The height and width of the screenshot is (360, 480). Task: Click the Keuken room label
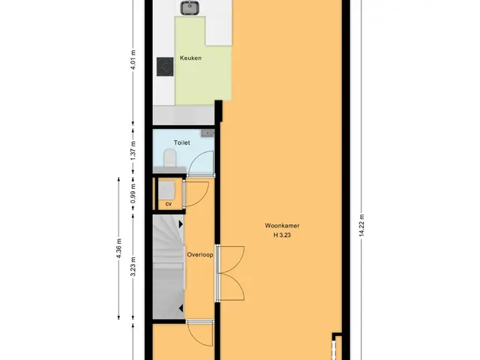click(x=190, y=58)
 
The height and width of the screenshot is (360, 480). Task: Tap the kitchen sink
click(x=190, y=7)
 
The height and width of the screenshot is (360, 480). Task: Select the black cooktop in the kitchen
click(x=165, y=67)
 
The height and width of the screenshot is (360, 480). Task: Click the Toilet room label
click(x=181, y=142)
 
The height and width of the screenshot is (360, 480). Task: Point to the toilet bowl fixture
click(x=170, y=158)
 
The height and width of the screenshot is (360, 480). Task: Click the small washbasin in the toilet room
click(x=208, y=133)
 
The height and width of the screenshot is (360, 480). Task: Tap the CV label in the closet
click(x=168, y=204)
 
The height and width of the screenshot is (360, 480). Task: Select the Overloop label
click(x=200, y=255)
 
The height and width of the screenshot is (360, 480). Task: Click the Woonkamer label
click(x=282, y=226)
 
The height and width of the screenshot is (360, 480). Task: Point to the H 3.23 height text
click(x=282, y=235)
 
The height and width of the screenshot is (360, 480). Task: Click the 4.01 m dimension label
click(x=133, y=60)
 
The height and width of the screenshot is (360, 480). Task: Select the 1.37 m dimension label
click(x=133, y=150)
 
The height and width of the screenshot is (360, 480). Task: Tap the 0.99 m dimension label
click(x=133, y=193)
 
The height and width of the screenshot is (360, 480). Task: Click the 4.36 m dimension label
click(x=119, y=248)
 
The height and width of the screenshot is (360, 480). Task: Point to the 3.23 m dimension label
click(x=133, y=267)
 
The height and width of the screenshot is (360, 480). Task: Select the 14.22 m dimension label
click(x=361, y=225)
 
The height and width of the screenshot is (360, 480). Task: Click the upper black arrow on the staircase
click(x=181, y=224)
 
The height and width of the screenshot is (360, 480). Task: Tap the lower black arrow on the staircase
click(x=181, y=308)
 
